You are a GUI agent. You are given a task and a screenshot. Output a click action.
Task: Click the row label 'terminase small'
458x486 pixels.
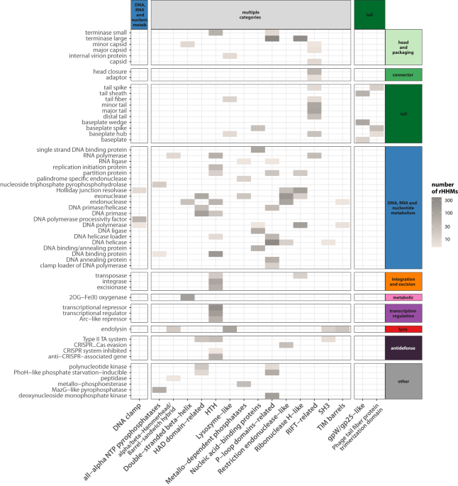pyautogui.click(x=108, y=33)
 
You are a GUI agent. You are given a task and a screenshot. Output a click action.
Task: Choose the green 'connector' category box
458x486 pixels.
pyautogui.click(x=403, y=74)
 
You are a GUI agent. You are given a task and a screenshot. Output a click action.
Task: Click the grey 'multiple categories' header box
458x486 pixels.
pyautogui.click(x=250, y=13)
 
